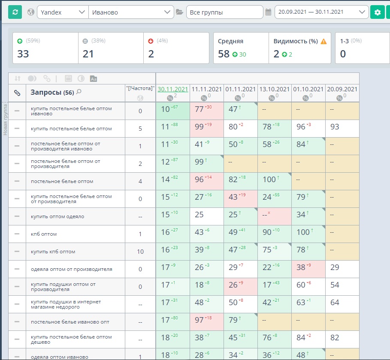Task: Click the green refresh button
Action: coord(15,12)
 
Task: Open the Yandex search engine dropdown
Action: coord(63,12)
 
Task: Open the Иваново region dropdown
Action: coord(131,12)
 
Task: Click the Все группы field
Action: coord(224,12)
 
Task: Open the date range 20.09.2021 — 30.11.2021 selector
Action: coord(321,12)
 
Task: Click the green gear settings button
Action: coord(377,12)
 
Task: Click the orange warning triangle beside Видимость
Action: coord(323,41)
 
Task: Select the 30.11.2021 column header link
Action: coord(173,89)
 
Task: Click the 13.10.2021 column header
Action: coord(274,89)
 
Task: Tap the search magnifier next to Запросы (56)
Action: coord(79,92)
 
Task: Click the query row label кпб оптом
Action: coord(44,234)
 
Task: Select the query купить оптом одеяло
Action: coord(57,216)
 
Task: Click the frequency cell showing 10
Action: coord(140,252)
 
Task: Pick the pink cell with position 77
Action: coord(207,111)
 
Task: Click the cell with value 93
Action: coord(342,129)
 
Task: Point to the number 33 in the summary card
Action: coord(23,54)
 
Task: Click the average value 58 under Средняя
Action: coord(224,54)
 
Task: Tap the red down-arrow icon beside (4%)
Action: coord(151,41)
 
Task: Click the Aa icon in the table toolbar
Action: coord(94,79)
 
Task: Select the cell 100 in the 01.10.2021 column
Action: coord(303,232)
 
